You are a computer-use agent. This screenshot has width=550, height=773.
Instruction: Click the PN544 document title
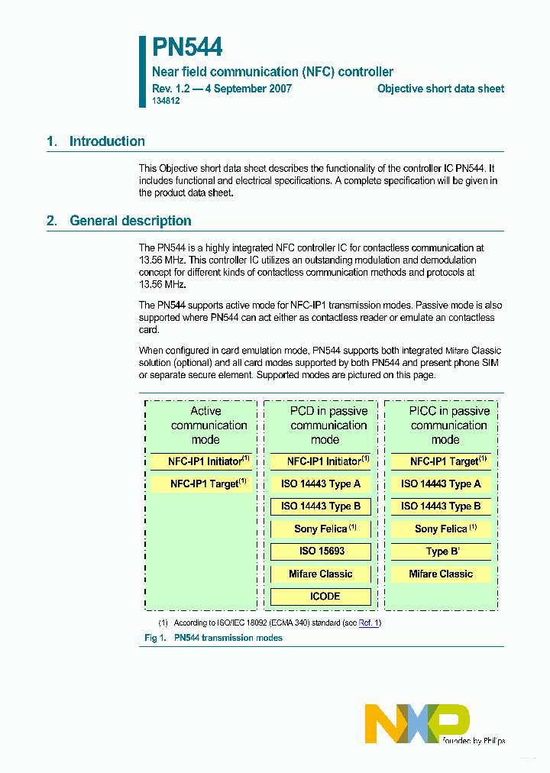[x=187, y=47]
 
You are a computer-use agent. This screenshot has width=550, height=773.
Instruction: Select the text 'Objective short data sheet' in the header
[x=440, y=89]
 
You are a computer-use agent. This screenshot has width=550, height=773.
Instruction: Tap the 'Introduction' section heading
[x=107, y=141]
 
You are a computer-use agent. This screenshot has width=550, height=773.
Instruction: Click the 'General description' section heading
[x=130, y=221]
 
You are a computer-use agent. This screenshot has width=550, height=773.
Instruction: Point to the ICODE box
[x=321, y=596]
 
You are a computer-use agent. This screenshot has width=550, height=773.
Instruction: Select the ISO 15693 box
[x=321, y=551]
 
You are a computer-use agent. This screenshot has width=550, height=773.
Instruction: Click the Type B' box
[x=441, y=551]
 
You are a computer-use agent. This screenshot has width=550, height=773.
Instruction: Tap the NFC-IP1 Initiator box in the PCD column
[x=321, y=461]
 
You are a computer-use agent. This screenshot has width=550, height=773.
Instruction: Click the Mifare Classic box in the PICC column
[x=441, y=574]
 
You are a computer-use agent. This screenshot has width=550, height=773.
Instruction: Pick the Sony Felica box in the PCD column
[x=321, y=529]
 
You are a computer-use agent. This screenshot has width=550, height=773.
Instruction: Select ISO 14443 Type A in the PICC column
[x=441, y=484]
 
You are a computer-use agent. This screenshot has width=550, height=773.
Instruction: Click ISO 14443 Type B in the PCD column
[x=321, y=506]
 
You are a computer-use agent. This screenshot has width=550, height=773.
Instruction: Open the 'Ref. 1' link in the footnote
[x=369, y=623]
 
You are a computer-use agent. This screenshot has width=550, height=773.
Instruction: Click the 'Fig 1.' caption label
[x=155, y=638]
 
